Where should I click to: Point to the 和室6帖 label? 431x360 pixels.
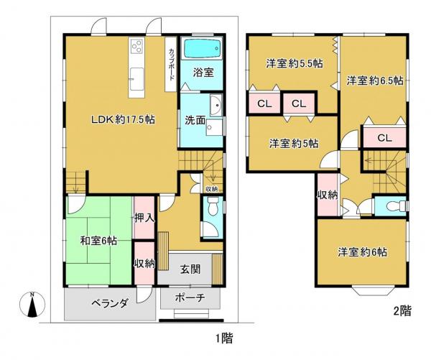98,241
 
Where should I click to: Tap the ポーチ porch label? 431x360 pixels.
190,298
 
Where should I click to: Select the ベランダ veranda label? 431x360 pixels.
109,304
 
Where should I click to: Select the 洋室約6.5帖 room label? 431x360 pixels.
374,80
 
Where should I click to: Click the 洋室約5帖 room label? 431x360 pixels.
294,142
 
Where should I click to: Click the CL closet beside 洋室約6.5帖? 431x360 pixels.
384,138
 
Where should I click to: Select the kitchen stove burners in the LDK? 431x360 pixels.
136,49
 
